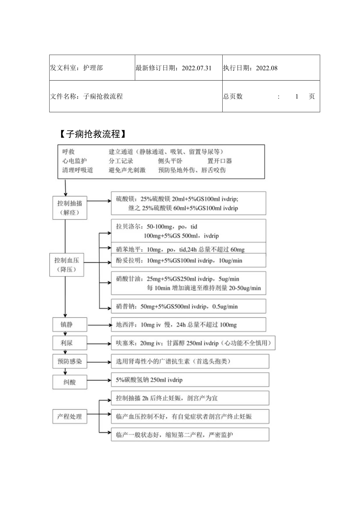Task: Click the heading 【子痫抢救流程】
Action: click(93, 135)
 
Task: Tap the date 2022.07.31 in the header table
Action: click(196, 68)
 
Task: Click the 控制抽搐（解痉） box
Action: click(70, 208)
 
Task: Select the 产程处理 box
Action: click(70, 417)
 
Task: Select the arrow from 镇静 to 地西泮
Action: click(99, 325)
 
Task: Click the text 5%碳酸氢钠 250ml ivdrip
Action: click(149, 380)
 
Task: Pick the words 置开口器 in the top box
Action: click(220, 161)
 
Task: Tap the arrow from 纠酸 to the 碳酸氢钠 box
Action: click(99, 380)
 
